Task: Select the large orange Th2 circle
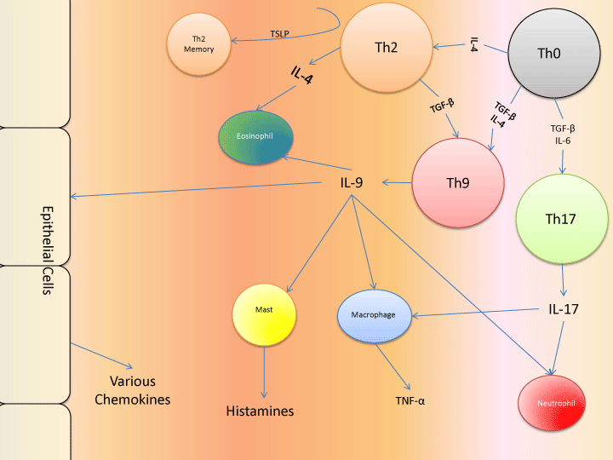click(x=386, y=47)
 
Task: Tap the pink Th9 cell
click(x=453, y=183)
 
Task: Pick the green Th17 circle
click(x=560, y=219)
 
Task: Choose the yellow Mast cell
click(x=264, y=316)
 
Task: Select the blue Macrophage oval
click(x=375, y=315)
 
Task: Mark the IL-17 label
click(x=564, y=309)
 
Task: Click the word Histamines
click(x=260, y=411)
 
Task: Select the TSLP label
click(x=279, y=34)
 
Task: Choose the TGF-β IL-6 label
click(x=563, y=135)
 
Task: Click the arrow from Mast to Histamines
click(x=264, y=373)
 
